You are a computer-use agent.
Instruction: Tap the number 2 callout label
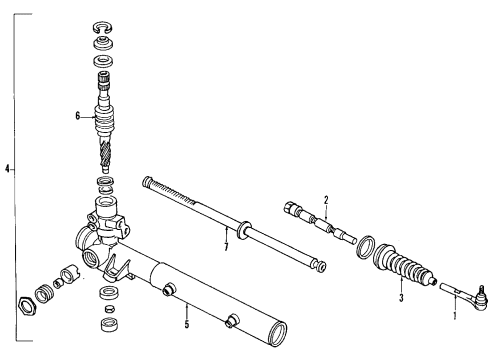click(325, 200)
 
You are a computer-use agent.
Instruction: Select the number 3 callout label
click(400, 297)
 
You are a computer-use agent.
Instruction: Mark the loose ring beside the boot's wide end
click(367, 248)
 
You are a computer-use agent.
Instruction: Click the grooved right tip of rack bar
click(320, 267)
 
